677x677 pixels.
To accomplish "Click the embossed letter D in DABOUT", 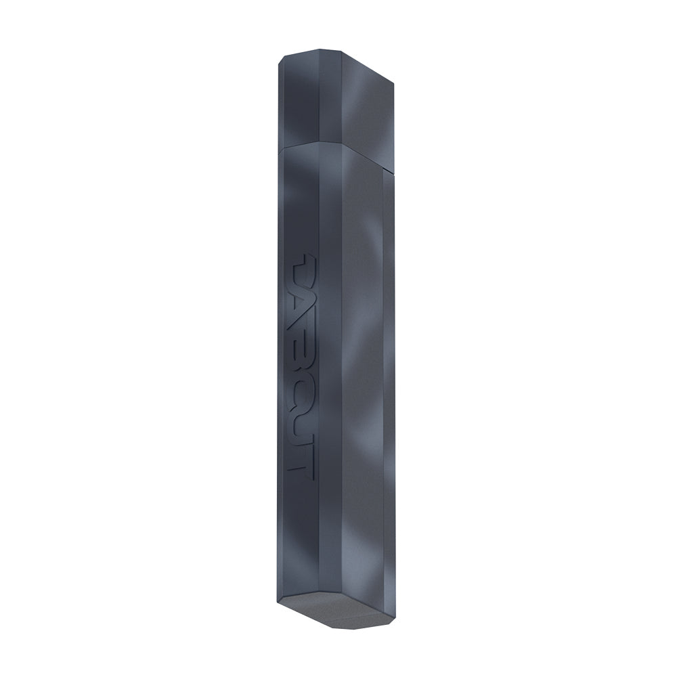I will tap(299, 267).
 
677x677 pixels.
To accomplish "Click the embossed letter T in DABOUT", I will tap(299, 460).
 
